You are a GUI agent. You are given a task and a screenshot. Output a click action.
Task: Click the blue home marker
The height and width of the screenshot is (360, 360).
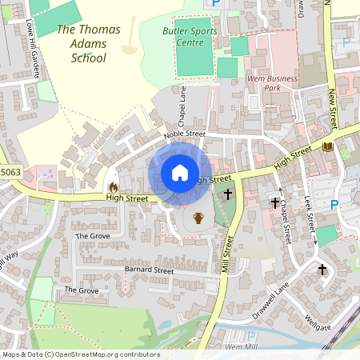pyautogui.click(x=180, y=173)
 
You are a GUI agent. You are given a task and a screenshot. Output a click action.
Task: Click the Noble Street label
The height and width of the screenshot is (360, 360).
pyautogui.click(x=185, y=135)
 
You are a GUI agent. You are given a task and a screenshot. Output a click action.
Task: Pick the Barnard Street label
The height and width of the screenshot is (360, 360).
pyautogui.click(x=150, y=270)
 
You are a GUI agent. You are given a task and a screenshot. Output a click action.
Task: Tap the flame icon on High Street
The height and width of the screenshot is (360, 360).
pyautogui.click(x=113, y=186)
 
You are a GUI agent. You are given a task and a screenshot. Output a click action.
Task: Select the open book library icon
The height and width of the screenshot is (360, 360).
pyautogui.click(x=327, y=146)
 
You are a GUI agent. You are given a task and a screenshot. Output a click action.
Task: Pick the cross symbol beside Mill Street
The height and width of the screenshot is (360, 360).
pyautogui.click(x=228, y=194)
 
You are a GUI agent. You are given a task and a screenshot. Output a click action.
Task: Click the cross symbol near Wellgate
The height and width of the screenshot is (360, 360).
pyautogui.click(x=323, y=270)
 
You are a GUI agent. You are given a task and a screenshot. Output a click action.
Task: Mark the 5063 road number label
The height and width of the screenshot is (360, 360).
pyautogui.click(x=10, y=171)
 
